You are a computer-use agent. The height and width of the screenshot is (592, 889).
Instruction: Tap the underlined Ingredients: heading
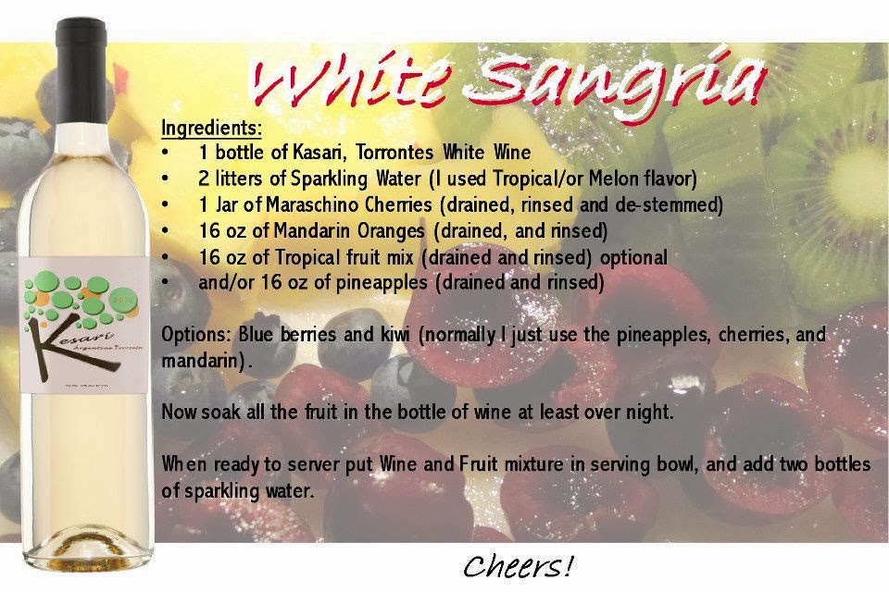click(x=211, y=128)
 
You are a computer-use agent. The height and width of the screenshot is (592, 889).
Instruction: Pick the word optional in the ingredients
click(x=633, y=258)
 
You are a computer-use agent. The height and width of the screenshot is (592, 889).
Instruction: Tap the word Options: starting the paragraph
click(x=196, y=334)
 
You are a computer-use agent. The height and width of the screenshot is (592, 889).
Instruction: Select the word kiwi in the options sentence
click(x=394, y=334)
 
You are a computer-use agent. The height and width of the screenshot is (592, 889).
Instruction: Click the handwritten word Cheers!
click(x=518, y=566)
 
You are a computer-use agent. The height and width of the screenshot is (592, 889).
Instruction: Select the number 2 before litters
click(x=204, y=179)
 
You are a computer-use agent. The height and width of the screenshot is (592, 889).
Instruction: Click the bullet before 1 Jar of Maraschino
click(x=165, y=203)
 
